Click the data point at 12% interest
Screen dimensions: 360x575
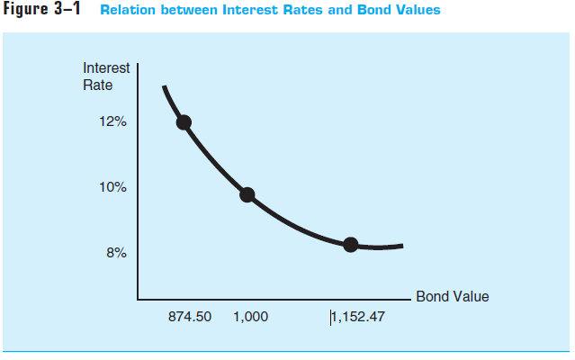[184, 122]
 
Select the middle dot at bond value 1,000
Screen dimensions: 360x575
[247, 194]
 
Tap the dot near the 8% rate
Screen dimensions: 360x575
[350, 244]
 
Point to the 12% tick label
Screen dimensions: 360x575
[113, 122]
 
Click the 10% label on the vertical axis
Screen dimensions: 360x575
[113, 188]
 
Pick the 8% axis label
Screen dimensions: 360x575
[117, 254]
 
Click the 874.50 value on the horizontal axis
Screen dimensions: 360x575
[190, 317]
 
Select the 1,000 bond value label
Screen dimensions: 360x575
[250, 317]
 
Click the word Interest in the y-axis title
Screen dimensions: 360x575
[106, 68]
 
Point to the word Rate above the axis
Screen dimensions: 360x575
[98, 85]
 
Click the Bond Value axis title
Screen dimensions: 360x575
[453, 296]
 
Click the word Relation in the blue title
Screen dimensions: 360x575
[127, 11]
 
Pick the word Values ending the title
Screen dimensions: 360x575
[415, 11]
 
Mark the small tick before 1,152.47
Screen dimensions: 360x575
[331, 316]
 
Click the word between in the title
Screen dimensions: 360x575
[184, 11]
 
